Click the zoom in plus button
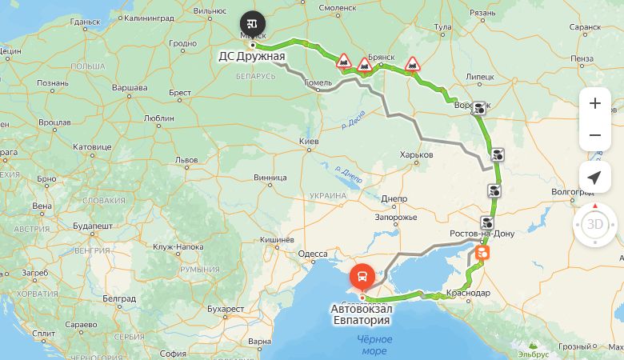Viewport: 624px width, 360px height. coord(594,103)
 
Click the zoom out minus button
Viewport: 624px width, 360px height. coord(594,135)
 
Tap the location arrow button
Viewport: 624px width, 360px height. coord(594,178)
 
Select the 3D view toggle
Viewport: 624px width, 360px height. coord(595,224)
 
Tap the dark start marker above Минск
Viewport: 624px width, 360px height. coord(253,22)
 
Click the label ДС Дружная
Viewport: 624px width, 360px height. coord(252,57)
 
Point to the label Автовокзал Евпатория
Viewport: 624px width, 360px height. coord(362,314)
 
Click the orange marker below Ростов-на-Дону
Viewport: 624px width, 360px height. coord(482,253)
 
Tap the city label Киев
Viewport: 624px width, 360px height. coord(309,142)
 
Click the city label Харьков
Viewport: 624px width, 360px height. coord(416,154)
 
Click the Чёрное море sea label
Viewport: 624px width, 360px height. coord(374,345)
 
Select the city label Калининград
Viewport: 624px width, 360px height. coord(150,16)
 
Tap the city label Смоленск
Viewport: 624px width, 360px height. coord(338,7)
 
